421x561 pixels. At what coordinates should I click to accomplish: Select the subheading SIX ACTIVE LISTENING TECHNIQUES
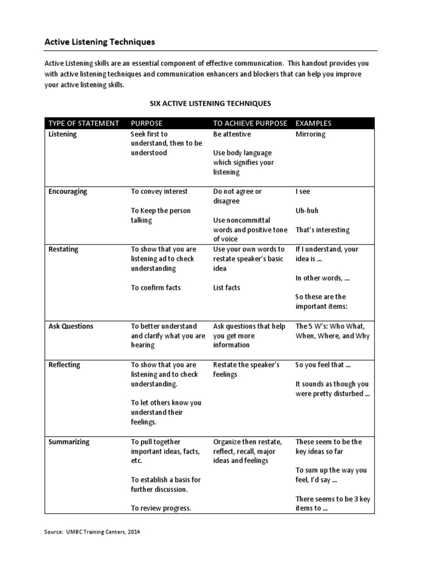pos(210,103)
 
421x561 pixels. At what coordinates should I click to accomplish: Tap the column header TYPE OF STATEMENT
pos(83,123)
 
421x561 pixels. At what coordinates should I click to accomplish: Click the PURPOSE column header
pos(146,123)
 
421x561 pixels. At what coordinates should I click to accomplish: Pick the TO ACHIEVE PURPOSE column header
pos(250,123)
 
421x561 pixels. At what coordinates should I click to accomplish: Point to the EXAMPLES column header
pos(313,123)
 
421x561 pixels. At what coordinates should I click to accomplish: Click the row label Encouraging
pos(67,192)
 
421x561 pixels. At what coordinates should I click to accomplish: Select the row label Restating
pos(63,249)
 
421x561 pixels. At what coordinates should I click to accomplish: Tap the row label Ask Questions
pos(71,326)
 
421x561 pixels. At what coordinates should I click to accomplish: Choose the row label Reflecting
pos(64,365)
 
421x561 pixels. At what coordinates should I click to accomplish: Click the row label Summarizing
pos(69,442)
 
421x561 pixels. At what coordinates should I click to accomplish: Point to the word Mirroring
pos(310,134)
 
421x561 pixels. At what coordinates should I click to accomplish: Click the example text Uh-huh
pos(306,211)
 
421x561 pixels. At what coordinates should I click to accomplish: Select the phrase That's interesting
pos(322,230)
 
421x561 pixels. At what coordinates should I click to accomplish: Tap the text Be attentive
pos(232,134)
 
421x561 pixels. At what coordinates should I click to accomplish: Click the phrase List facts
pos(226,288)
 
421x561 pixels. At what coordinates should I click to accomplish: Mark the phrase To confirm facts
pos(156,288)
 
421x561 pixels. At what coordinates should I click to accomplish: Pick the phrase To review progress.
pos(161,508)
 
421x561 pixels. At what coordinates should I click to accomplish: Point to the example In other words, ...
pos(322,278)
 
